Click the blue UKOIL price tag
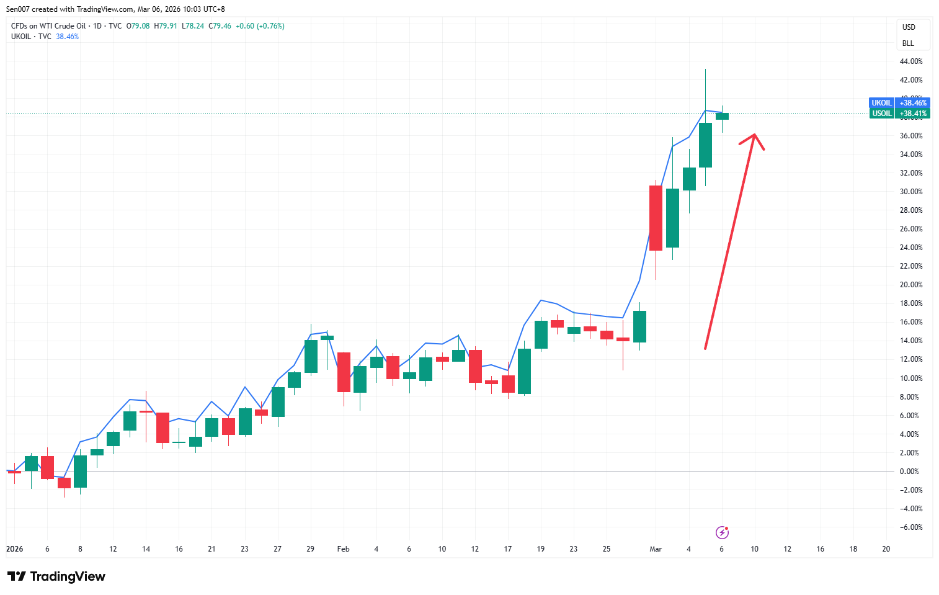(x=899, y=103)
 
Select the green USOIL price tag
(x=899, y=114)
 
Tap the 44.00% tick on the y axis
(x=910, y=61)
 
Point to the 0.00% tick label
(x=909, y=472)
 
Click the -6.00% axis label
(x=910, y=527)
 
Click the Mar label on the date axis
(x=656, y=549)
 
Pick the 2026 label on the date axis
(x=14, y=549)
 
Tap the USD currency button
(x=909, y=27)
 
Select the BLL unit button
(x=908, y=43)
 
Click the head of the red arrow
(x=754, y=135)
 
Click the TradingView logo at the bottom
(x=56, y=576)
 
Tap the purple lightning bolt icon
(x=722, y=532)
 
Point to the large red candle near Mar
(x=656, y=218)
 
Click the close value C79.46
(x=220, y=26)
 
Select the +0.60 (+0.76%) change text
(x=260, y=26)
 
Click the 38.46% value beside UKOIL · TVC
(x=67, y=37)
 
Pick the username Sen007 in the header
(x=18, y=9)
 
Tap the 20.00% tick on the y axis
(x=910, y=285)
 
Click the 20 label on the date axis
(x=886, y=549)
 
